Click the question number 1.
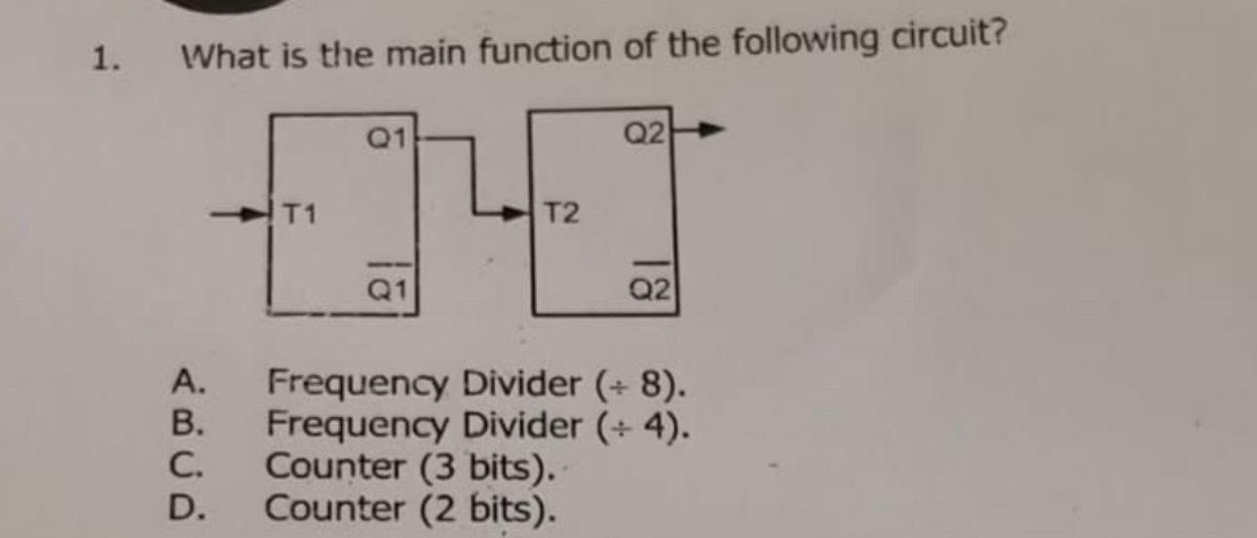(x=100, y=60)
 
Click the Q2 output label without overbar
(x=646, y=134)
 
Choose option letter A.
(x=185, y=379)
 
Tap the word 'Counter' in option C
(x=336, y=467)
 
